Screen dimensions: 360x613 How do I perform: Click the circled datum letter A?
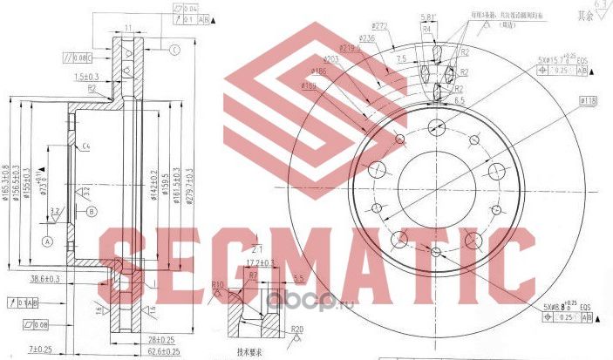coord(48,241)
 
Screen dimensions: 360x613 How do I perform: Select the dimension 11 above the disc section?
coord(127,29)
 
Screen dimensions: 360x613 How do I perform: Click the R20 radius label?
coord(296,330)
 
